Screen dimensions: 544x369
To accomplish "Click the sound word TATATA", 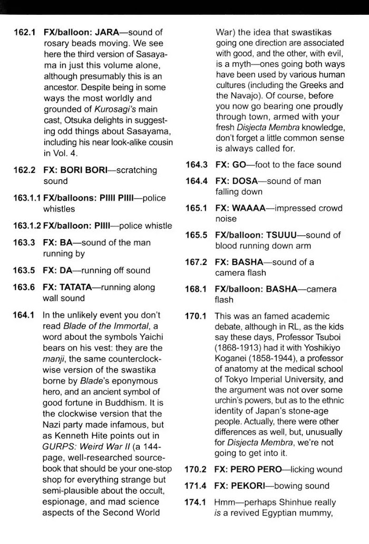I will (x=81, y=288).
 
